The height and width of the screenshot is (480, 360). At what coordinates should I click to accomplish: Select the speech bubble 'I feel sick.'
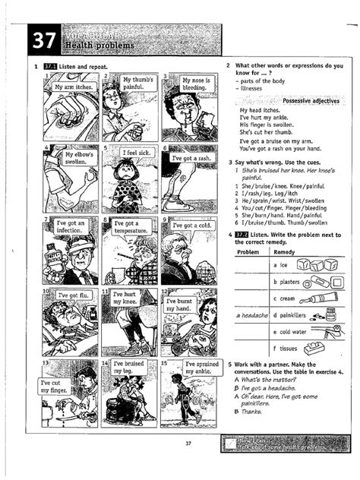[x=139, y=153]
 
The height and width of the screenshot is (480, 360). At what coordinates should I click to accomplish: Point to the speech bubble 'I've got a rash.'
[x=190, y=159]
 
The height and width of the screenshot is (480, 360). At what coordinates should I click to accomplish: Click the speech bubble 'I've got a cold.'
[x=190, y=226]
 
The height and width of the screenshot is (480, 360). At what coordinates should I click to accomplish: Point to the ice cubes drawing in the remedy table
[x=311, y=265]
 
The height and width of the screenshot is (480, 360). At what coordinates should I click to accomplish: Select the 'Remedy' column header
[x=284, y=251]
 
